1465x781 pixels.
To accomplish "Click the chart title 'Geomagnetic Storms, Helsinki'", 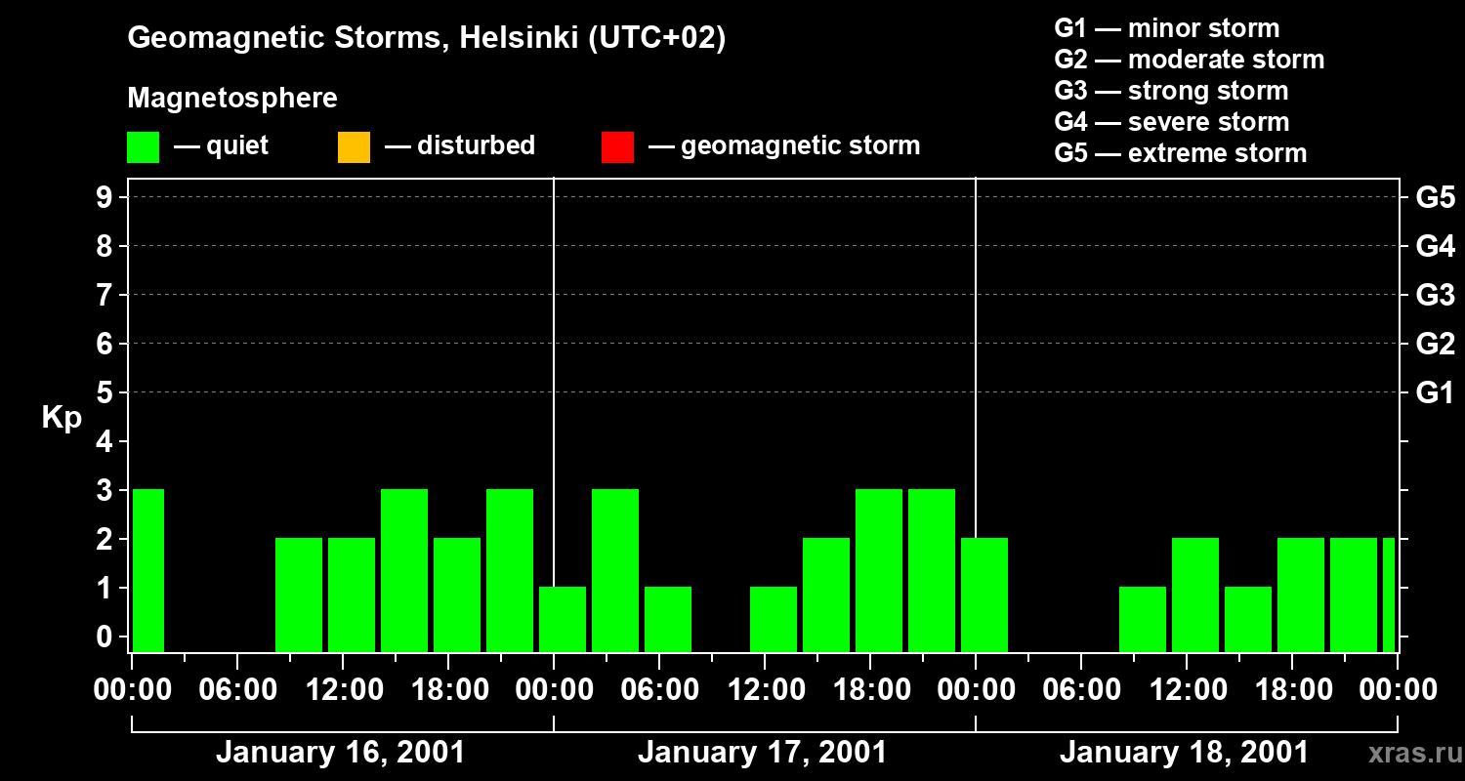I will [427, 38].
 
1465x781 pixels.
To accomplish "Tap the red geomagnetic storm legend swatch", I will [617, 146].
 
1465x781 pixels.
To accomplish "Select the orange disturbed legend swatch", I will [354, 146].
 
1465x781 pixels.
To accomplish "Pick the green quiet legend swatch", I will [143, 146].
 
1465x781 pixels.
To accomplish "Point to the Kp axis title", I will [62, 418].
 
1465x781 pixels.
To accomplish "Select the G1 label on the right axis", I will [1435, 393].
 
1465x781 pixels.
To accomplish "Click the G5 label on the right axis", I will [1435, 198].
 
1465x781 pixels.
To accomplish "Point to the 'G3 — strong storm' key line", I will [1171, 91].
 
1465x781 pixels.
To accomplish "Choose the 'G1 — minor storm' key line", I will [1166, 28].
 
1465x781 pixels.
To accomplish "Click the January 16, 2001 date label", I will [340, 753].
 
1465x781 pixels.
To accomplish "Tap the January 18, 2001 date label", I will [1184, 753].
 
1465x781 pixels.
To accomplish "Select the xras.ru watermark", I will [1413, 754].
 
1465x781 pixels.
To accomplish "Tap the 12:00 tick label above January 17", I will [766, 690].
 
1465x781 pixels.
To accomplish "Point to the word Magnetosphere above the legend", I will [232, 99].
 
